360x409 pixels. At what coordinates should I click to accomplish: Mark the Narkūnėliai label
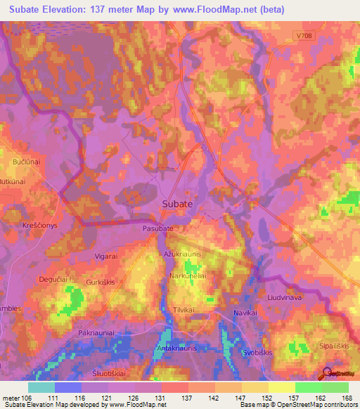point(188,277)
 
